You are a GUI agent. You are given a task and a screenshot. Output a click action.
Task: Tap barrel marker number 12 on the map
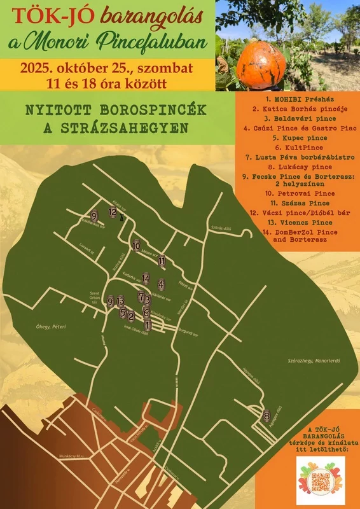(x=113, y=213)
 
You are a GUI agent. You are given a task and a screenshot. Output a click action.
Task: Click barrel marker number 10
(x=136, y=246)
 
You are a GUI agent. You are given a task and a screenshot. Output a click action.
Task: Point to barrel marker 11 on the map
(x=162, y=261)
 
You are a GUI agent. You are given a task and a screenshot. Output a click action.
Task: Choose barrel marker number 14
(x=146, y=279)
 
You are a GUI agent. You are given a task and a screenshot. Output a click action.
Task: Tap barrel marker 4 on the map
(x=162, y=284)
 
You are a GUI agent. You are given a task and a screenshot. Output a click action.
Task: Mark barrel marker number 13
(x=120, y=300)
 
